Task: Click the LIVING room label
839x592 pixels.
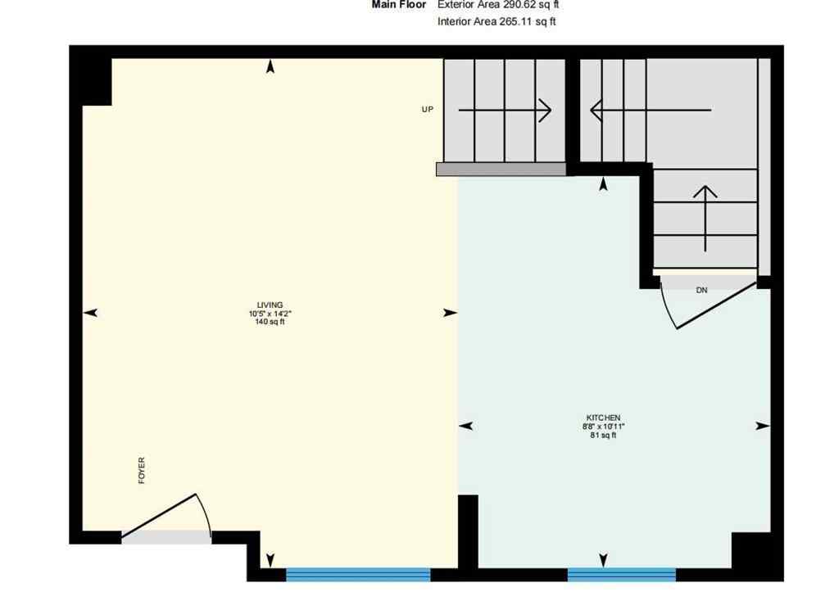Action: click(x=270, y=305)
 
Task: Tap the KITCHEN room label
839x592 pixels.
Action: click(x=603, y=418)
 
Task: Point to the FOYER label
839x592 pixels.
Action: click(x=142, y=471)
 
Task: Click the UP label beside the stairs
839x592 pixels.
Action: click(x=427, y=109)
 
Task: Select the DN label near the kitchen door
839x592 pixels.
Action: click(x=701, y=290)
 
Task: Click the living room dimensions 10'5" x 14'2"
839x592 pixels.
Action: click(x=270, y=314)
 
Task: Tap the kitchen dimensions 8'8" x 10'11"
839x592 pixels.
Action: click(x=603, y=427)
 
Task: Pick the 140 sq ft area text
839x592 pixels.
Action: click(x=270, y=323)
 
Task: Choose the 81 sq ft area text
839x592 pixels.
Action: click(x=603, y=436)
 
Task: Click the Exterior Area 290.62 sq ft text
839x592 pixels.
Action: click(x=498, y=5)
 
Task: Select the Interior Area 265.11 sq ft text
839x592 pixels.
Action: click(x=497, y=22)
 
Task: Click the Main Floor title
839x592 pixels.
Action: click(x=399, y=5)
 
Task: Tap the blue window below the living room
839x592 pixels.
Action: click(x=358, y=574)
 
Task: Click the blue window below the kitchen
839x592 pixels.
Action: click(x=622, y=574)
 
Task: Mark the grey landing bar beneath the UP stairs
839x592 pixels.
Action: click(x=501, y=169)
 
